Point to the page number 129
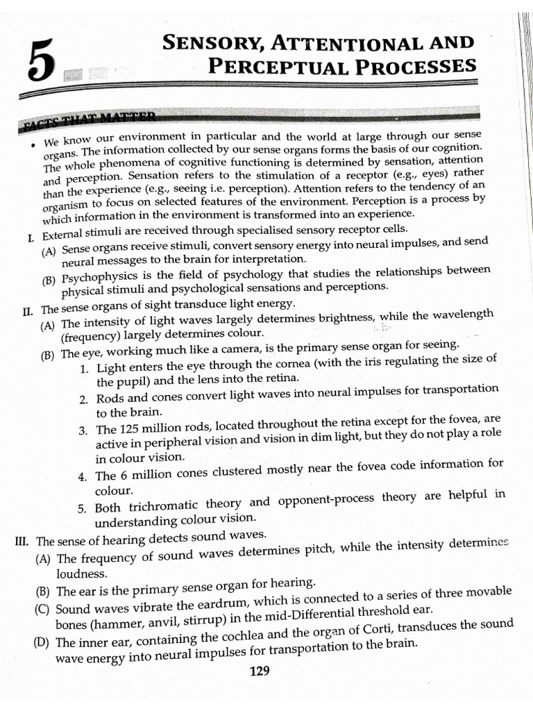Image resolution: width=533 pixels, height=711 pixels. [x=259, y=671]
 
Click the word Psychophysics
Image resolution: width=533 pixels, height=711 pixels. [x=96, y=280]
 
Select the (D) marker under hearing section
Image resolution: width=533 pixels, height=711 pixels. [x=42, y=642]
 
